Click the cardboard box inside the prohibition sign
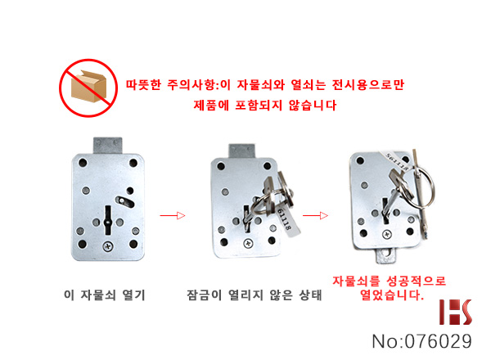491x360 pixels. [88, 86]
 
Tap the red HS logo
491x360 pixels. [456, 312]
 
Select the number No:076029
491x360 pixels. [421, 341]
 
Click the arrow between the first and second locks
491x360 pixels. [173, 215]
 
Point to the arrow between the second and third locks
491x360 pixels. [315, 215]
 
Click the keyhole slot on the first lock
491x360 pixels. [108, 220]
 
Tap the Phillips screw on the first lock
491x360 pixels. [108, 246]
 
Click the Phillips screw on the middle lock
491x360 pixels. [249, 243]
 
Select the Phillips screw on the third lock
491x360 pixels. [387, 234]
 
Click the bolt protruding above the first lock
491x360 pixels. [108, 146]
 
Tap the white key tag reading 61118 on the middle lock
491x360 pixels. [286, 221]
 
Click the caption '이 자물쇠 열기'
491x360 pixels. [105, 295]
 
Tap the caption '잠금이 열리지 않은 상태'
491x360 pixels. [255, 295]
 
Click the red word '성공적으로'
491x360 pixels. [417, 281]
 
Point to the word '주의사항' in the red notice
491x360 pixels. [191, 84]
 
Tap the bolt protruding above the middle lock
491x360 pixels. [242, 151]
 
